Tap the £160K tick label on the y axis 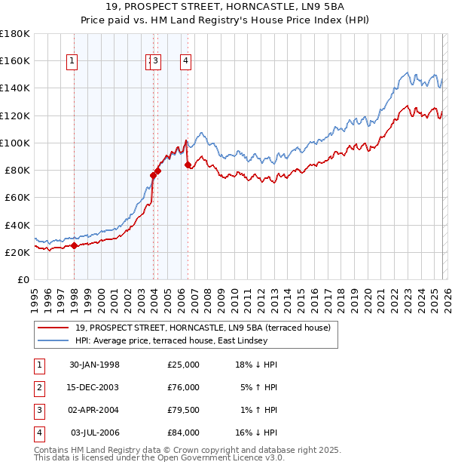point(15,60)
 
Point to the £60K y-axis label point(17,198)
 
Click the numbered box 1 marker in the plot point(72,62)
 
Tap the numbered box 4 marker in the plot point(185,62)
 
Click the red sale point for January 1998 point(75,245)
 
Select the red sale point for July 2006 point(187,164)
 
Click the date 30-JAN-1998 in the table point(94,365)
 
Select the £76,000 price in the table point(183,387)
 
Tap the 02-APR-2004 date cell point(94,410)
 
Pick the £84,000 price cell point(183,433)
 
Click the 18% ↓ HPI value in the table point(256,365)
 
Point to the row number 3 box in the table point(38,410)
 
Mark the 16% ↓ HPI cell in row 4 point(256,433)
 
